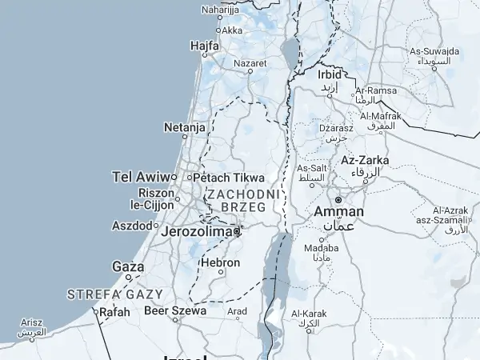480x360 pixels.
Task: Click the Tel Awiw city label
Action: tap(142, 177)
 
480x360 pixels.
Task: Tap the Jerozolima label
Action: tap(196, 231)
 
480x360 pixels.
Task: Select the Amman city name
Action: tap(339, 211)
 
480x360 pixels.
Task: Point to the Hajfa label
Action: tap(205, 46)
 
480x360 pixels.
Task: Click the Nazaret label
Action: tap(250, 62)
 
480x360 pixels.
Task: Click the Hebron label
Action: tap(220, 262)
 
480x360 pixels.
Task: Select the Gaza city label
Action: tap(128, 266)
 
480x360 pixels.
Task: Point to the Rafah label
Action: tap(114, 312)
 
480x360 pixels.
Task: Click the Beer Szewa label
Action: tap(175, 310)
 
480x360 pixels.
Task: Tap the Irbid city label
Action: tap(329, 74)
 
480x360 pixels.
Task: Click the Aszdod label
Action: tap(131, 226)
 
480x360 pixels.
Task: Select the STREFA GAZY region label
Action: tap(115, 294)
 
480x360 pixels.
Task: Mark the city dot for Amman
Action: tap(338, 199)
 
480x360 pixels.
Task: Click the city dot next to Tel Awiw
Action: tap(174, 177)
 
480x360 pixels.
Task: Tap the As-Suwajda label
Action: tap(434, 51)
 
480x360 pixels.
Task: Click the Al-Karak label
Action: tap(309, 313)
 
